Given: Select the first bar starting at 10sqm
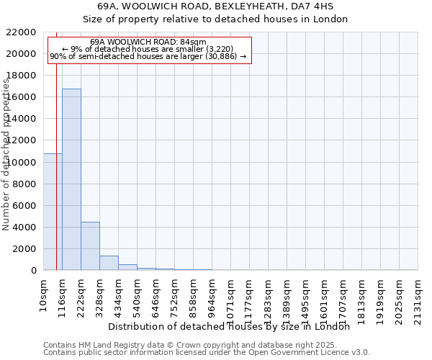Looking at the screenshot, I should (53, 212).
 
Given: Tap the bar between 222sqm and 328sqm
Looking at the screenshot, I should (90, 246).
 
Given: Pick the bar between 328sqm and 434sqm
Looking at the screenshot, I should (109, 263).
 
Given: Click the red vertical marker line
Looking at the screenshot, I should (56, 144).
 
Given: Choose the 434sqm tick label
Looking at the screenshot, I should (119, 294).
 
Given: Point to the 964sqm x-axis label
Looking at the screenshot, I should (212, 294).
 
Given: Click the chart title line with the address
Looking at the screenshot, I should (215, 6).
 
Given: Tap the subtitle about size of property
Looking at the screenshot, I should (215, 19).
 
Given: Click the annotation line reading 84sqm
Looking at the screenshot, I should (149, 42).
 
